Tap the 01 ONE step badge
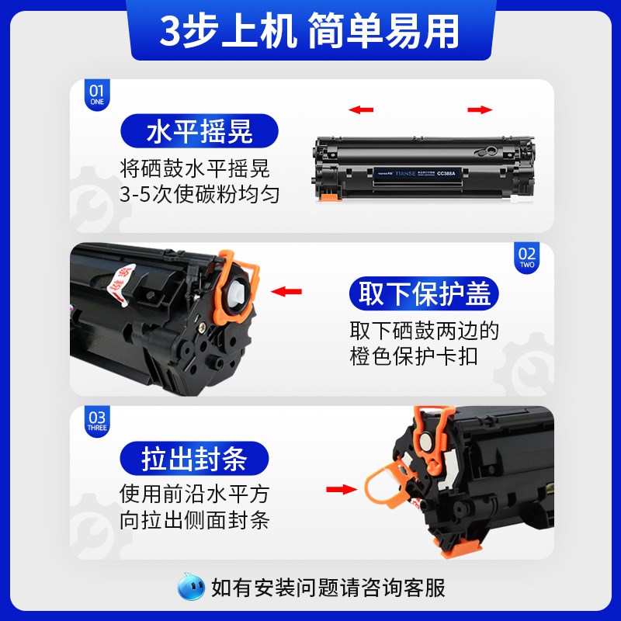click(96, 95)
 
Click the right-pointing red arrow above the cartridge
click(480, 109)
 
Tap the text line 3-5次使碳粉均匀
click(199, 194)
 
